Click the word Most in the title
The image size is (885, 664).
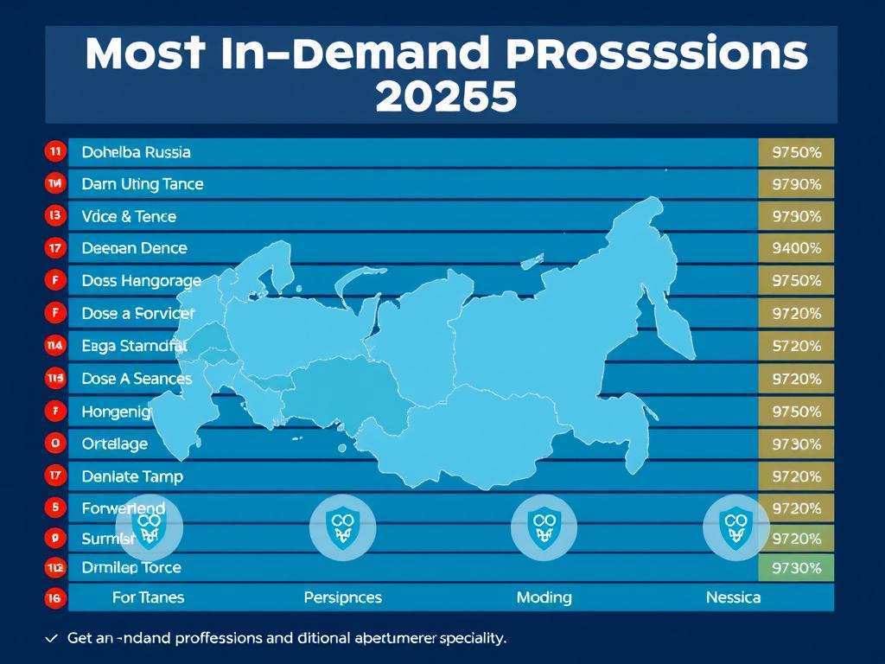[146, 55]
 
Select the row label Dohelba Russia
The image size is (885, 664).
[136, 152]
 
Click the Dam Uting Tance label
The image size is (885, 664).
[143, 184]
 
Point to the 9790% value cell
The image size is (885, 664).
[796, 184]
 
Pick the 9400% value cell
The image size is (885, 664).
[796, 248]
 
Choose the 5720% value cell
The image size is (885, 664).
[796, 346]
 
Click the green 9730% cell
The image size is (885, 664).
[796, 568]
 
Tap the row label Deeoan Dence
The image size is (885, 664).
[134, 248]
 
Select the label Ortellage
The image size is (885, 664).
[114, 444]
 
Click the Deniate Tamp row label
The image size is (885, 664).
[132, 476]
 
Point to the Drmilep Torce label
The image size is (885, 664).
[131, 568]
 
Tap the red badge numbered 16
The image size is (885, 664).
[54, 597]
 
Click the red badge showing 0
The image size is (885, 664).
[54, 443]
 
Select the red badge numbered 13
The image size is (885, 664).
[54, 215]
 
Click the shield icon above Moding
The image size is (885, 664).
[544, 527]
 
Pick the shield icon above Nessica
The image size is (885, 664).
[735, 527]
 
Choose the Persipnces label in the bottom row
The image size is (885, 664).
[342, 597]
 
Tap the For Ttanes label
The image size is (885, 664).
[148, 597]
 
